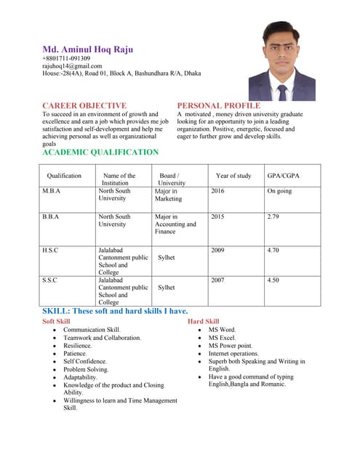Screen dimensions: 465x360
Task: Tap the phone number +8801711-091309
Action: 66,58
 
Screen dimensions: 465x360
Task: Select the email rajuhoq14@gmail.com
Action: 72,65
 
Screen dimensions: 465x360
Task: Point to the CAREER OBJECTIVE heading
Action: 84,105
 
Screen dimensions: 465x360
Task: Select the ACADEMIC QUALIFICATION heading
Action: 100,152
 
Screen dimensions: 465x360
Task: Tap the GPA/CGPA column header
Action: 283,176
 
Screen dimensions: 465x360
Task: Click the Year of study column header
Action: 233,176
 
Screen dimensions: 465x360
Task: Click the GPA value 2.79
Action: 273,217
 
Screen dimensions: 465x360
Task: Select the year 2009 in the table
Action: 217,249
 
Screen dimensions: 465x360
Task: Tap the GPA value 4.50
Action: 273,279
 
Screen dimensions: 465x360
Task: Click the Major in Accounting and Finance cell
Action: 175,224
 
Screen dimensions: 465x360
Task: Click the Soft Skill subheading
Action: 57,320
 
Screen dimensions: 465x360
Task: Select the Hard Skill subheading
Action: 203,320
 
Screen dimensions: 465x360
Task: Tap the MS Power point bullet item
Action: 231,345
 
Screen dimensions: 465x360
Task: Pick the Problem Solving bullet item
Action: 85,369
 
